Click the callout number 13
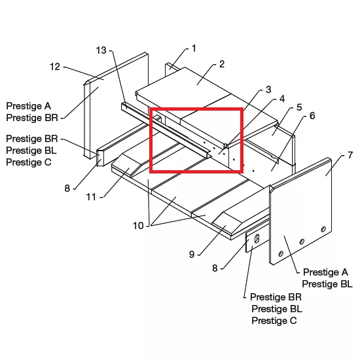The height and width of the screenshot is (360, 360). coord(101,50)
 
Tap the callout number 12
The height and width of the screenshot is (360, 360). coord(55,67)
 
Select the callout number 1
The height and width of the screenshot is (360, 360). coord(194,48)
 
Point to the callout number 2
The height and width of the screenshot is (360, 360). coord(221,64)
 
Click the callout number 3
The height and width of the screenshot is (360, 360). coord(268,89)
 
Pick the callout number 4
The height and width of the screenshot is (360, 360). coord(282,99)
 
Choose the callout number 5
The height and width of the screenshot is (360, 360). coord(299,107)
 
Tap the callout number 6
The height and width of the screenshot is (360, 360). coord(312,116)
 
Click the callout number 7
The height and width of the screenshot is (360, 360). coord(350,155)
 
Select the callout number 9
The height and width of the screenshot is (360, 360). coord(192,255)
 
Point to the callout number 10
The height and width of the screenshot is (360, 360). coord(138,226)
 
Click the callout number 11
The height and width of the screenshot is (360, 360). coord(91,197)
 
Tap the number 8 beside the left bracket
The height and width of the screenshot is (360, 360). coord(67,189)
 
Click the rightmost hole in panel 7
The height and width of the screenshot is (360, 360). coord(323,229)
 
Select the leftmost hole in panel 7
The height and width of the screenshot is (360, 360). coord(281,254)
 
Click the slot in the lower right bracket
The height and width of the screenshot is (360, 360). coord(257,238)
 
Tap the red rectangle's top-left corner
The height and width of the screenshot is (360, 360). coord(151,109)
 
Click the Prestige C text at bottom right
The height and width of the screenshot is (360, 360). coord(274,321)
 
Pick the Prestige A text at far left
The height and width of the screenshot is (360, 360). coord(28,106)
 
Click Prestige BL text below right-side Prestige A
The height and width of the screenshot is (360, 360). coord(327,284)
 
